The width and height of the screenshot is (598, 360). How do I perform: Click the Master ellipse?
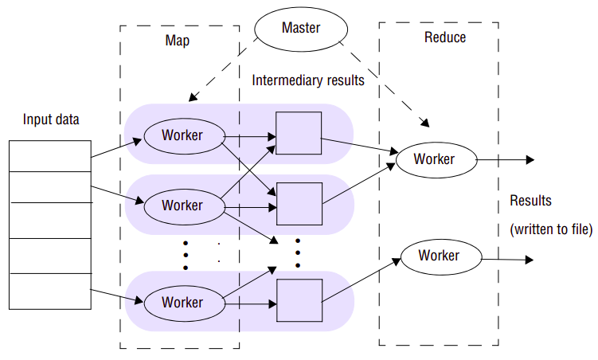pos(300,29)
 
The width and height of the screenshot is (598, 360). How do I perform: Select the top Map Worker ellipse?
pos(183,135)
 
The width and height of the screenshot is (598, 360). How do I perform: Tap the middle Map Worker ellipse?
pos(183,205)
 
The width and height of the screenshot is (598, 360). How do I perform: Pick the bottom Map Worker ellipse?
pos(183,303)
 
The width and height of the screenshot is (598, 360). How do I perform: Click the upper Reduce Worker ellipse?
pos(435,158)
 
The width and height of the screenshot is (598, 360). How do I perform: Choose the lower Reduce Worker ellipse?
pos(440,256)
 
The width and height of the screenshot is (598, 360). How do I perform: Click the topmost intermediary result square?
pos(299,133)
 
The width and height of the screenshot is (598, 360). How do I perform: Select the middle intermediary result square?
pos(299,204)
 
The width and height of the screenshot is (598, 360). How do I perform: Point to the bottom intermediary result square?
pos(299,301)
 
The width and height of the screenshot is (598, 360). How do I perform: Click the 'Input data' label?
pos(51,119)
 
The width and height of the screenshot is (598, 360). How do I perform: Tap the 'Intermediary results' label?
pos(308,80)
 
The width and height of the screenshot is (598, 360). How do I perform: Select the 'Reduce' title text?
pos(445,37)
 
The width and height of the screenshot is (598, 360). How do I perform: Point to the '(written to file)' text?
pos(551,229)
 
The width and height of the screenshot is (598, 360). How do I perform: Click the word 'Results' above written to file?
pos(530,201)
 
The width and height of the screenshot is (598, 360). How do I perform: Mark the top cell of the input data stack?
pos(49,154)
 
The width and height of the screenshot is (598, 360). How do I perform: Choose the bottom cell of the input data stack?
pos(49,292)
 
